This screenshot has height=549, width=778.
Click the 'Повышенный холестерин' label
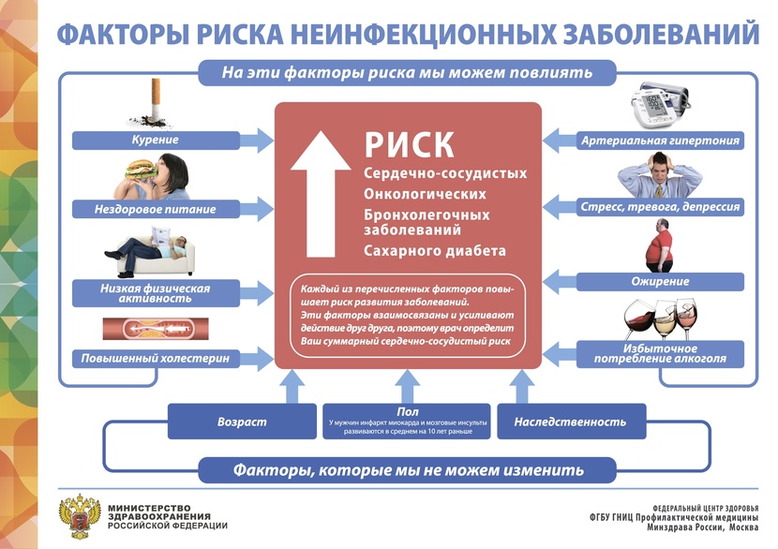(x=156, y=358)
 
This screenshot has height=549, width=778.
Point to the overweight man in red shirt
(x=664, y=245)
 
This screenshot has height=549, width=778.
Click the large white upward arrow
(x=319, y=193)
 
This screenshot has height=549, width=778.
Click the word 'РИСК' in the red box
(x=410, y=144)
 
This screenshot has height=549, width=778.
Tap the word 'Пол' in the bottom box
(x=407, y=411)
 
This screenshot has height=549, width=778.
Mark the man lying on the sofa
(x=150, y=250)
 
